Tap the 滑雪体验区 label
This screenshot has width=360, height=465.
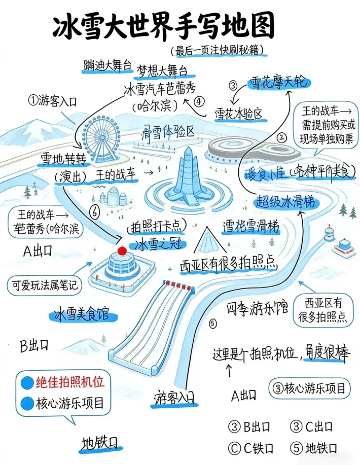(x=168, y=133)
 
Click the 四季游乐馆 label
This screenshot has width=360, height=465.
(x=256, y=308)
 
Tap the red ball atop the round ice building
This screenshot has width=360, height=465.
(x=121, y=250)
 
